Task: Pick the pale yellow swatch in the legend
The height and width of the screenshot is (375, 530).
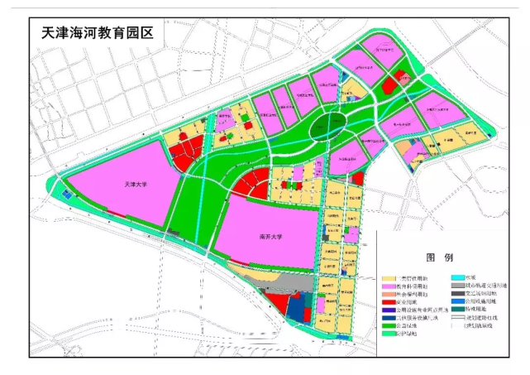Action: (x=388, y=278)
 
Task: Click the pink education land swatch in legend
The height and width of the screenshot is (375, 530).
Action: (x=388, y=286)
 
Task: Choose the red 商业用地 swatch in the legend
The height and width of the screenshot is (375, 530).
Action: (x=388, y=302)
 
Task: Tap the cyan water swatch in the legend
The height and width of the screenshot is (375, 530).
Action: (x=459, y=278)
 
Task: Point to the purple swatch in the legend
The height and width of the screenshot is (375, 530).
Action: (x=388, y=310)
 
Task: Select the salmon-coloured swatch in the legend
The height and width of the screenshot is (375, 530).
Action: (x=388, y=295)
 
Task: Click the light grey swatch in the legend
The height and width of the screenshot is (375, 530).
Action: (x=459, y=286)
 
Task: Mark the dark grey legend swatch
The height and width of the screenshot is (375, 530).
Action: (x=459, y=295)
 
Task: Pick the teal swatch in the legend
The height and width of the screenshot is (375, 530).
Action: (x=459, y=310)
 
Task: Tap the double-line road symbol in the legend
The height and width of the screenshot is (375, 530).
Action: (x=459, y=319)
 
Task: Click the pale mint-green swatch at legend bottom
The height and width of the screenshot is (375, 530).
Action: (x=388, y=334)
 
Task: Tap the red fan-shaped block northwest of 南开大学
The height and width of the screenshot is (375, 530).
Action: (x=252, y=183)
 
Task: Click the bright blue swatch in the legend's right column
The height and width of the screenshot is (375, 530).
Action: (x=459, y=302)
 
